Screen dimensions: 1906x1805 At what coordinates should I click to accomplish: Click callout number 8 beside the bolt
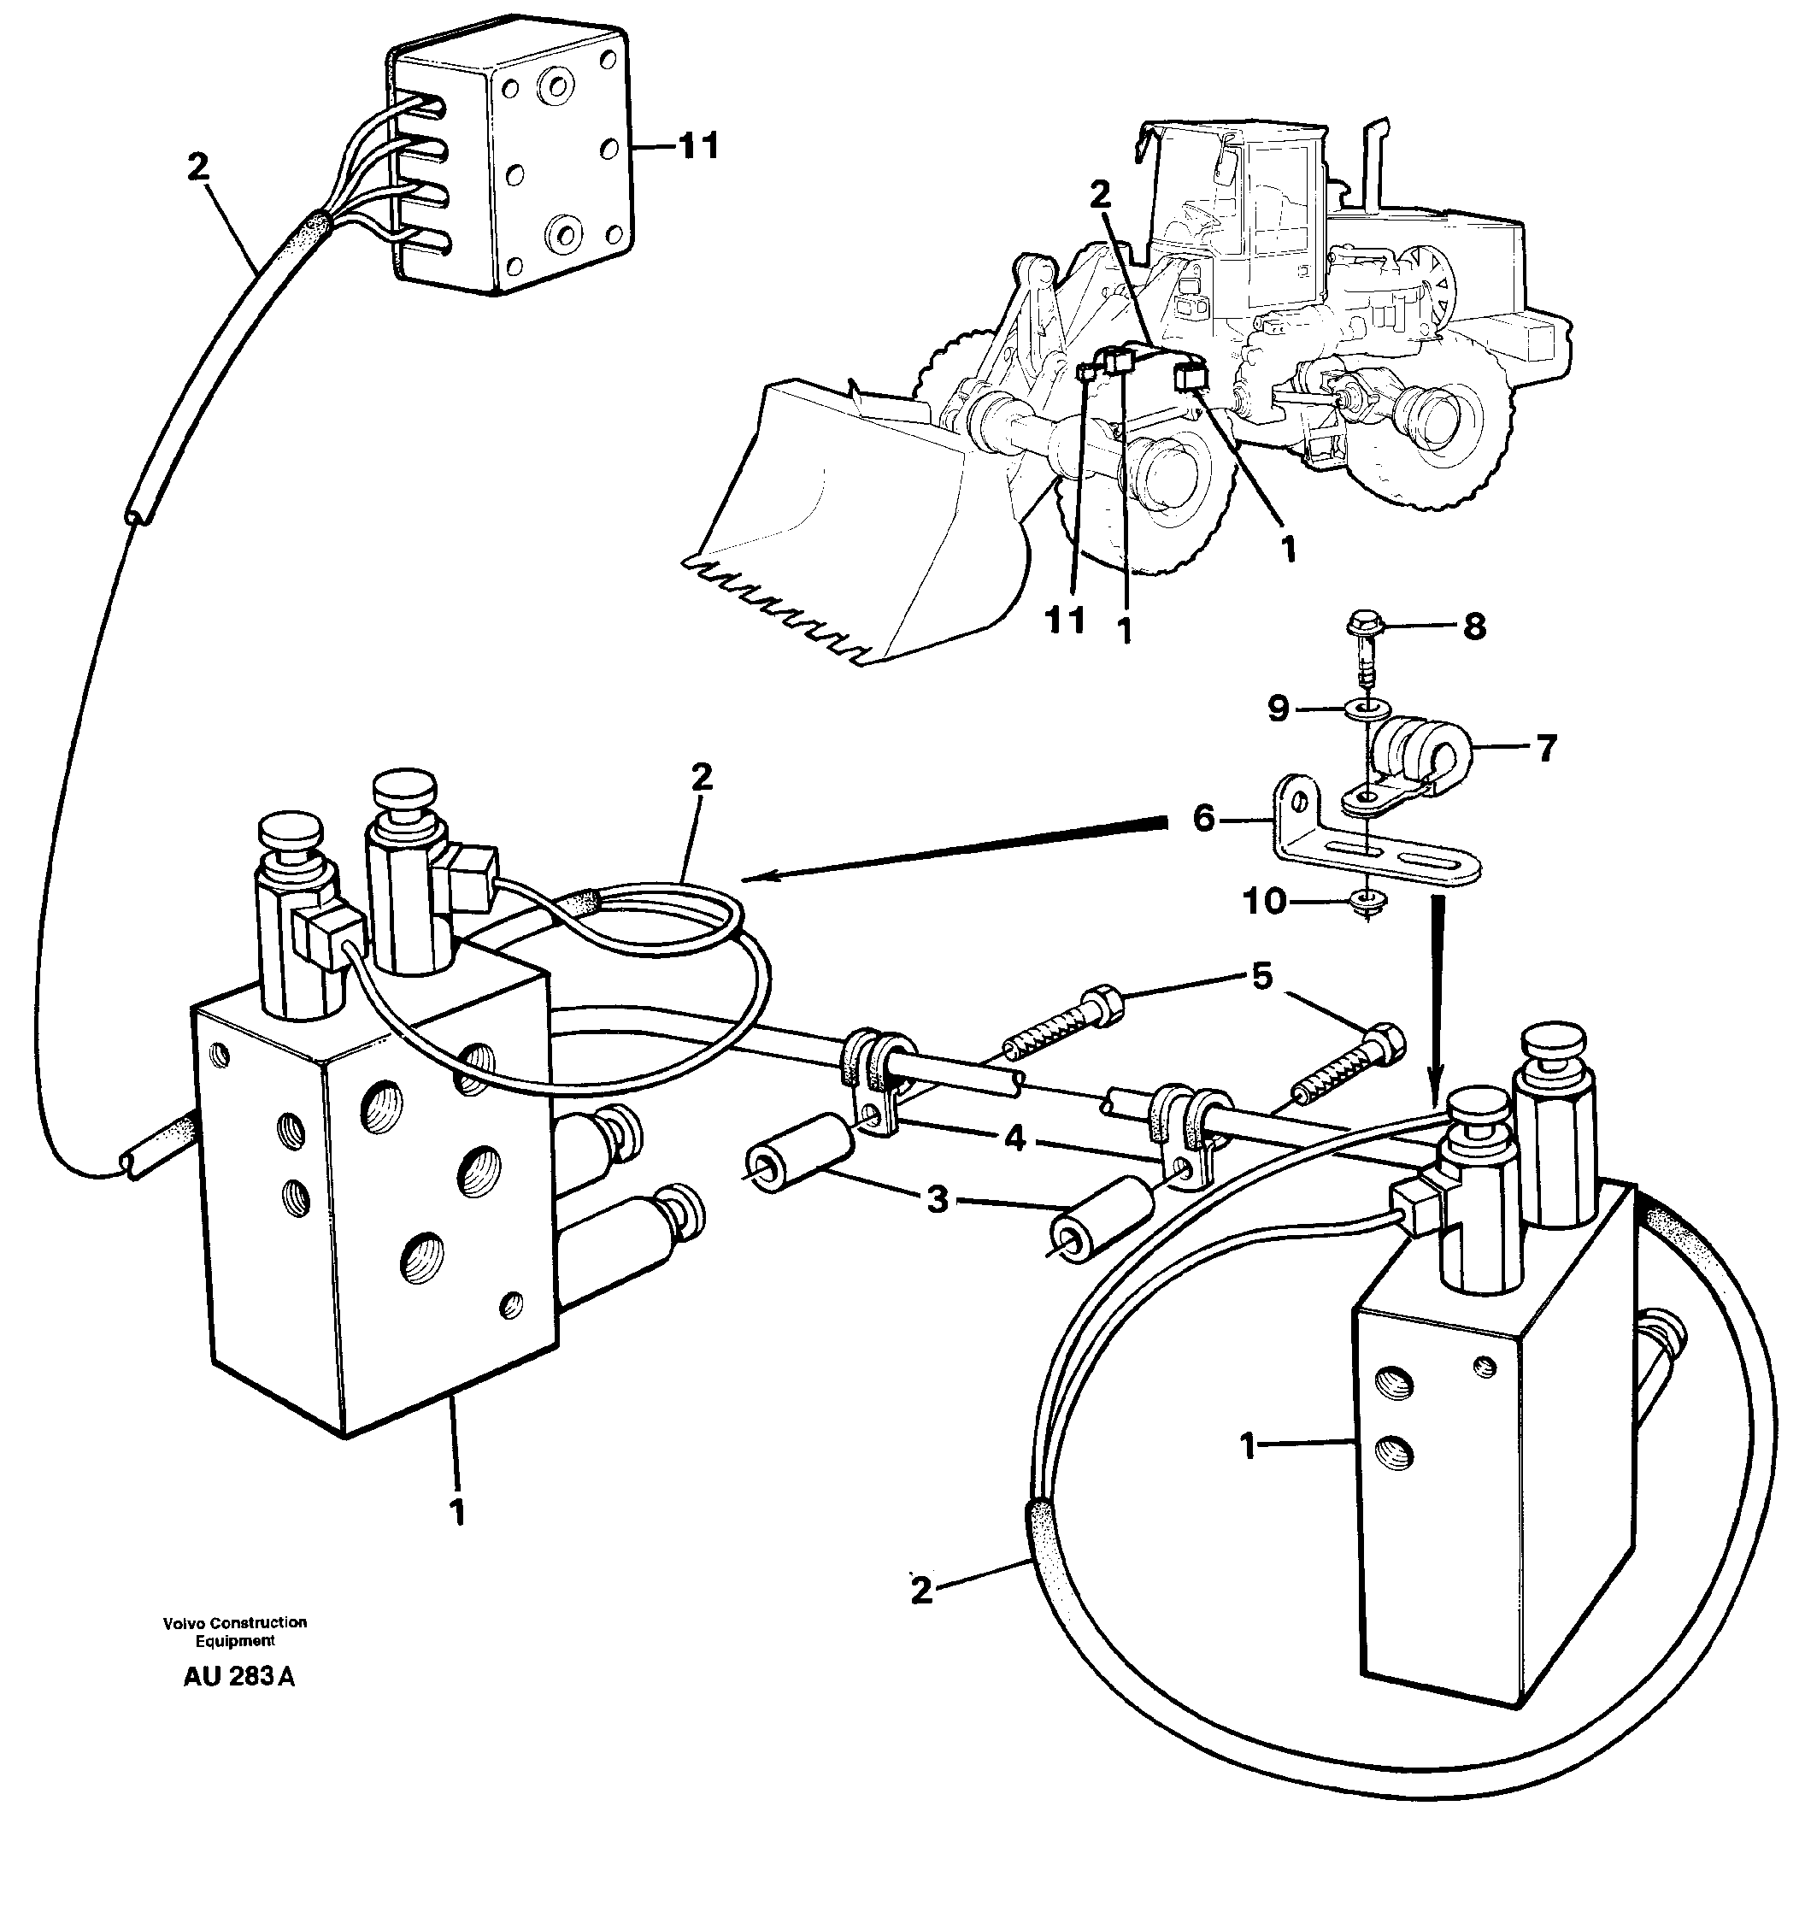point(1474,627)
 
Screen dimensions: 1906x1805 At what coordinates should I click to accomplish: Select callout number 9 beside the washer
point(1278,709)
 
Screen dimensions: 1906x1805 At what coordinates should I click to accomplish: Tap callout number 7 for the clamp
point(1545,748)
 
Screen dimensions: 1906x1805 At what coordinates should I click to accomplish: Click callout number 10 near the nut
point(1264,903)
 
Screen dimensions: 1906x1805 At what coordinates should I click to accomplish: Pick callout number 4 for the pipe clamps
point(1014,1139)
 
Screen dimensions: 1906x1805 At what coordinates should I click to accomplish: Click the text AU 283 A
point(238,1676)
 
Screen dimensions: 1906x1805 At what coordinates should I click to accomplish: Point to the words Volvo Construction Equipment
point(235,1631)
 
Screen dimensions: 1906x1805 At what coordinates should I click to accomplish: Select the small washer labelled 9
point(1364,709)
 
